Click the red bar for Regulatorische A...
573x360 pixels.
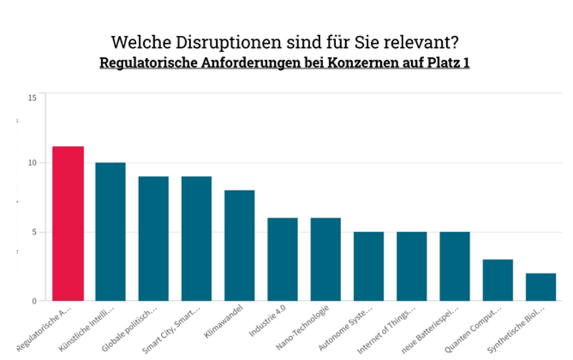pos(68,223)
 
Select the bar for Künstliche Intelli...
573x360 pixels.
pos(110,232)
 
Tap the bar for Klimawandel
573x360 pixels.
pos(239,245)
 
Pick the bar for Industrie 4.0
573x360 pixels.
pos(282,259)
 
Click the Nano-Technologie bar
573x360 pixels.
pos(325,259)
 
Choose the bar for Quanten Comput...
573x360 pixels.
pos(497,280)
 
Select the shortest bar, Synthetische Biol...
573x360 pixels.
pos(540,287)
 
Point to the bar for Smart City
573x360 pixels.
pos(196,238)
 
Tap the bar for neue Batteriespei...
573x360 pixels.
pos(454,266)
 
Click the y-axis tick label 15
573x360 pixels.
pos(32,97)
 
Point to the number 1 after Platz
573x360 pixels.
pos(466,62)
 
